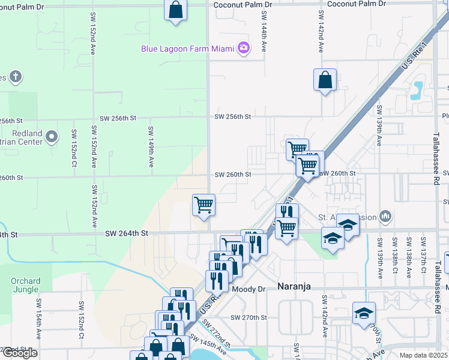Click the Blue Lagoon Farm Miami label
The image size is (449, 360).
(187, 49)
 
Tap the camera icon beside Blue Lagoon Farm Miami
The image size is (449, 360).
(243, 48)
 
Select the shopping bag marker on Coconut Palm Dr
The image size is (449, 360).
(175, 10)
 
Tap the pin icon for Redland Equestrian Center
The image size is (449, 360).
(52, 136)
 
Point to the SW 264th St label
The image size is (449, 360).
(127, 233)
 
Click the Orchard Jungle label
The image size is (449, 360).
(25, 286)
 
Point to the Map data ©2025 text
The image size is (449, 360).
(424, 355)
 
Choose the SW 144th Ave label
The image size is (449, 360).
(264, 38)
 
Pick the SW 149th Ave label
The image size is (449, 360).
(151, 141)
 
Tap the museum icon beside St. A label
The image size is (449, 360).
(385, 216)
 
